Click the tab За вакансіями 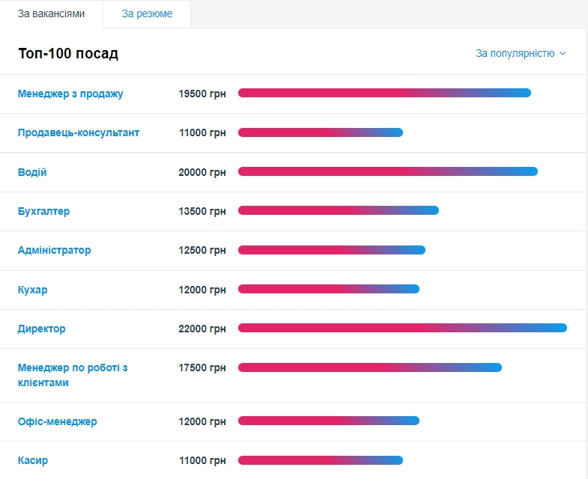51,14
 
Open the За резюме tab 147,14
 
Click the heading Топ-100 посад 68,54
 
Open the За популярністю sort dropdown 521,53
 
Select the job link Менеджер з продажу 70,94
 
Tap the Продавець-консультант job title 79,132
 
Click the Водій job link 32,172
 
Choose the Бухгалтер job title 43,211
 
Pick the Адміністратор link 54,250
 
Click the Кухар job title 32,290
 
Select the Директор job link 41,329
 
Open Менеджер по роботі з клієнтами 72,375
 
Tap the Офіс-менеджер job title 57,421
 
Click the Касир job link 33,460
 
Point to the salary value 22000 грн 201,329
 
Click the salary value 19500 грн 201,94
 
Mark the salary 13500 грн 201,211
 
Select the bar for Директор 402,328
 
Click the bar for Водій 387,171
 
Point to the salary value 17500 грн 201,367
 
